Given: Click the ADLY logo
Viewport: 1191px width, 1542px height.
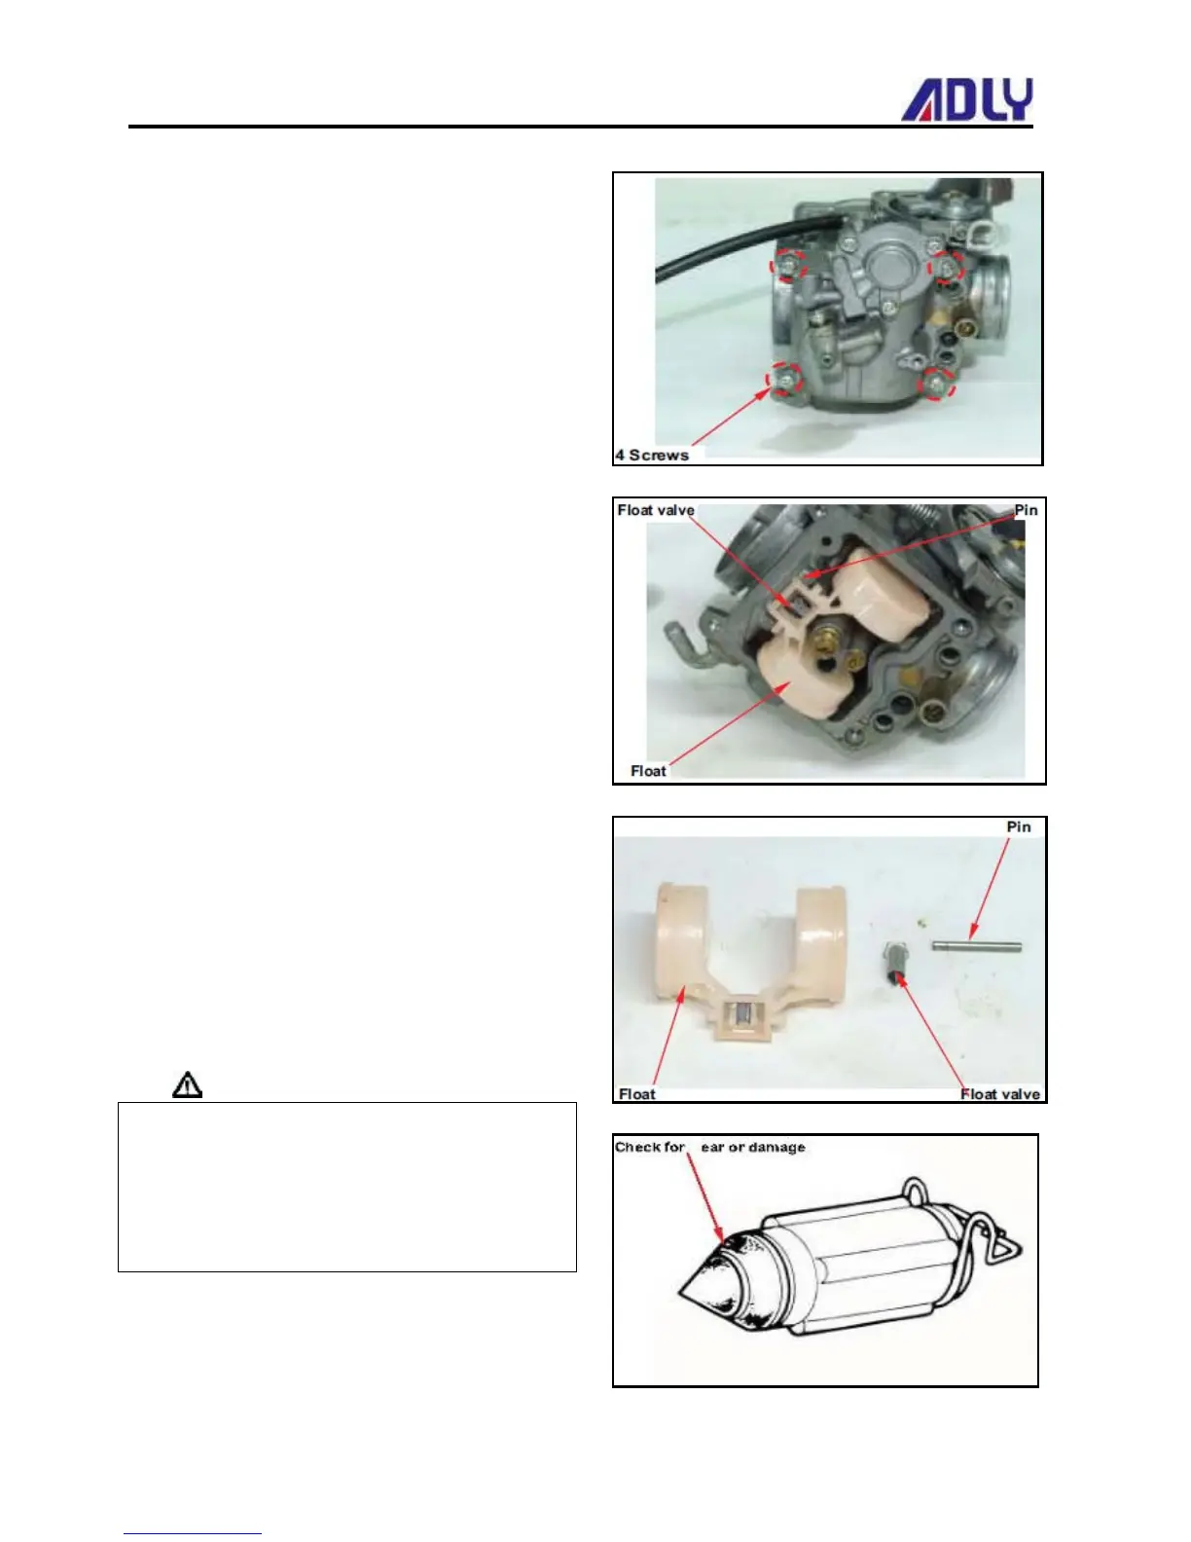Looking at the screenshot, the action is (x=966, y=100).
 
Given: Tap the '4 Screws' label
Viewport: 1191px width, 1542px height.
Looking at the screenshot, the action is (x=652, y=455).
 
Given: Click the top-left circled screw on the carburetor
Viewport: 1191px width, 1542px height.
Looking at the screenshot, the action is (x=789, y=265).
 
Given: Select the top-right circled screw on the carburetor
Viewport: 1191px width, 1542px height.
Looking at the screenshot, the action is (x=946, y=266).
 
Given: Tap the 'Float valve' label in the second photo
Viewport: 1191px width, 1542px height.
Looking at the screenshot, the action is (x=656, y=510).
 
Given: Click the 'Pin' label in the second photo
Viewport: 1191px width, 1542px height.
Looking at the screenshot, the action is (x=1026, y=510).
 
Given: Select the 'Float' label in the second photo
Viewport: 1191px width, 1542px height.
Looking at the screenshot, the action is (x=648, y=771).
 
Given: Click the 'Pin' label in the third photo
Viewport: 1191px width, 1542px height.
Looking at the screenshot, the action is (x=1018, y=826).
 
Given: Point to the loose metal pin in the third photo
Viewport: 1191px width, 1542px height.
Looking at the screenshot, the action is (x=976, y=944).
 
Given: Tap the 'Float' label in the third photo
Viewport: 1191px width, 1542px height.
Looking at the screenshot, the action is (x=637, y=1094).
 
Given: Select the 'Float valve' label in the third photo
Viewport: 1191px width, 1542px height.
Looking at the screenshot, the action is (x=999, y=1094).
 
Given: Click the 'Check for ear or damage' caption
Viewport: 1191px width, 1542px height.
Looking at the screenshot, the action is (x=709, y=1147).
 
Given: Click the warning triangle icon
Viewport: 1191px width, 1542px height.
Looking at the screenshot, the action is (x=188, y=1084).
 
